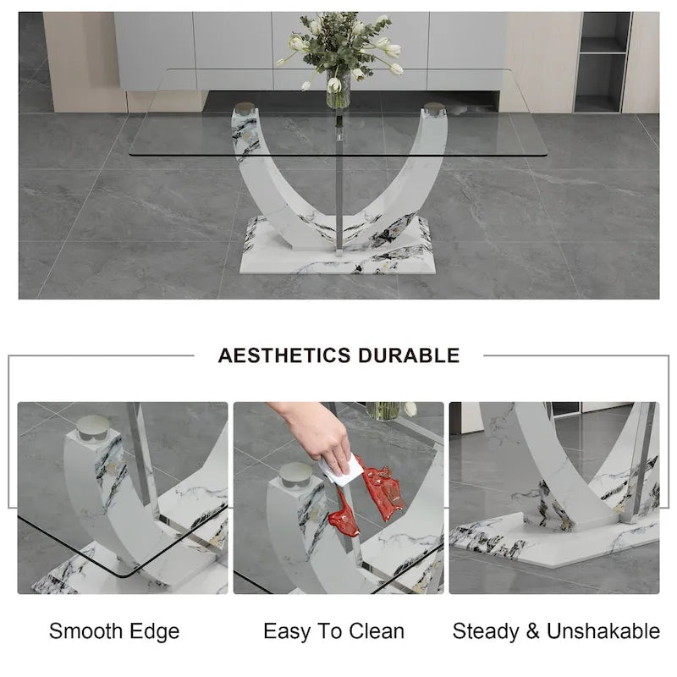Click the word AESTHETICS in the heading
tap(283, 355)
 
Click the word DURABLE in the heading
tap(409, 355)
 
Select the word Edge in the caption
tap(155, 631)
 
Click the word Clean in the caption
tap(377, 630)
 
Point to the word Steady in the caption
tap(486, 631)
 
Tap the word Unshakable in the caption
tap(603, 630)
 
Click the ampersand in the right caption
tap(533, 630)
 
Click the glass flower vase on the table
tap(338, 89)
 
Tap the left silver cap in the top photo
tap(245, 108)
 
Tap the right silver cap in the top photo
tap(434, 109)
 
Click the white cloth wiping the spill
tap(342, 471)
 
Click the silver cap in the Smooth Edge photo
tap(93, 428)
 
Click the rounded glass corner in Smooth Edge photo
tap(124, 575)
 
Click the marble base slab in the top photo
tap(338, 253)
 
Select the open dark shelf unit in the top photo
tap(603, 62)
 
